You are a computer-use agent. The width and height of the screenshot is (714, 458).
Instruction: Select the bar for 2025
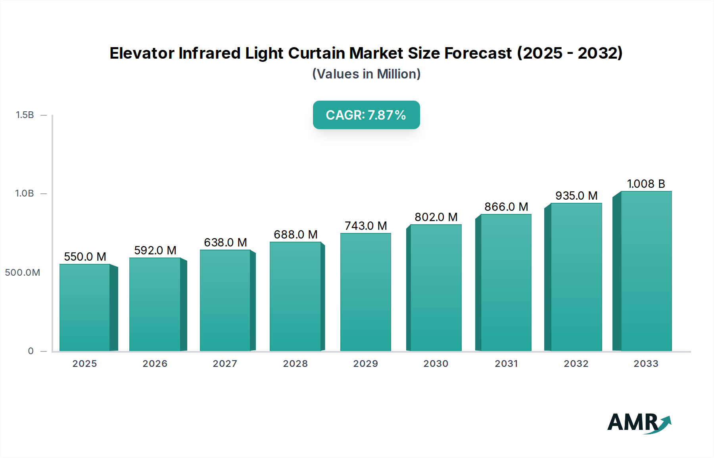[85, 307]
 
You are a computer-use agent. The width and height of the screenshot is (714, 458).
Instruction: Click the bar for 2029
[365, 292]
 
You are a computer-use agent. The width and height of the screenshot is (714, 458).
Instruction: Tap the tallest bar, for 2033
[646, 271]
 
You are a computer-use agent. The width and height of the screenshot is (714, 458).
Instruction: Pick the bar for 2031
[506, 282]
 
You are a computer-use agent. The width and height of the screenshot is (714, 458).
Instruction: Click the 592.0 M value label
[155, 250]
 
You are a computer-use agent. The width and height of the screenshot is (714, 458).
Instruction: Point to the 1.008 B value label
[646, 184]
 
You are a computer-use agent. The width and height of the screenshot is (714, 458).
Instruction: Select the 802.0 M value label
[436, 217]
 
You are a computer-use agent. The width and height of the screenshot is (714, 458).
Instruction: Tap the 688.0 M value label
[296, 235]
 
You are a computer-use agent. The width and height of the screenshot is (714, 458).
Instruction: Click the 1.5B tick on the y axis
[25, 115]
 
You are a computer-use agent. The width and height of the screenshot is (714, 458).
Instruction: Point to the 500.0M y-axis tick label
[23, 273]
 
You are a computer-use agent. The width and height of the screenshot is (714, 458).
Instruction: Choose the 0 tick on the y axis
[31, 351]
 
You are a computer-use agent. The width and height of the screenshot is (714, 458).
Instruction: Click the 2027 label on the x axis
[225, 364]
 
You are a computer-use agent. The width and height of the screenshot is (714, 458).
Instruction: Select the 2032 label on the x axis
[576, 364]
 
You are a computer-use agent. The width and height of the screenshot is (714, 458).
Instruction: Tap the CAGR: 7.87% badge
[366, 115]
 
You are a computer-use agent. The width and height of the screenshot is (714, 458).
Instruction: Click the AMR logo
[639, 423]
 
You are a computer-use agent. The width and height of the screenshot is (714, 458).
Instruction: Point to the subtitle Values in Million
[366, 74]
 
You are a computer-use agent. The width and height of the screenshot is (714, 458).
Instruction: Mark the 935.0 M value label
[576, 196]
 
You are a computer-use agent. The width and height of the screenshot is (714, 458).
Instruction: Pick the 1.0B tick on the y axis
[25, 193]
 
